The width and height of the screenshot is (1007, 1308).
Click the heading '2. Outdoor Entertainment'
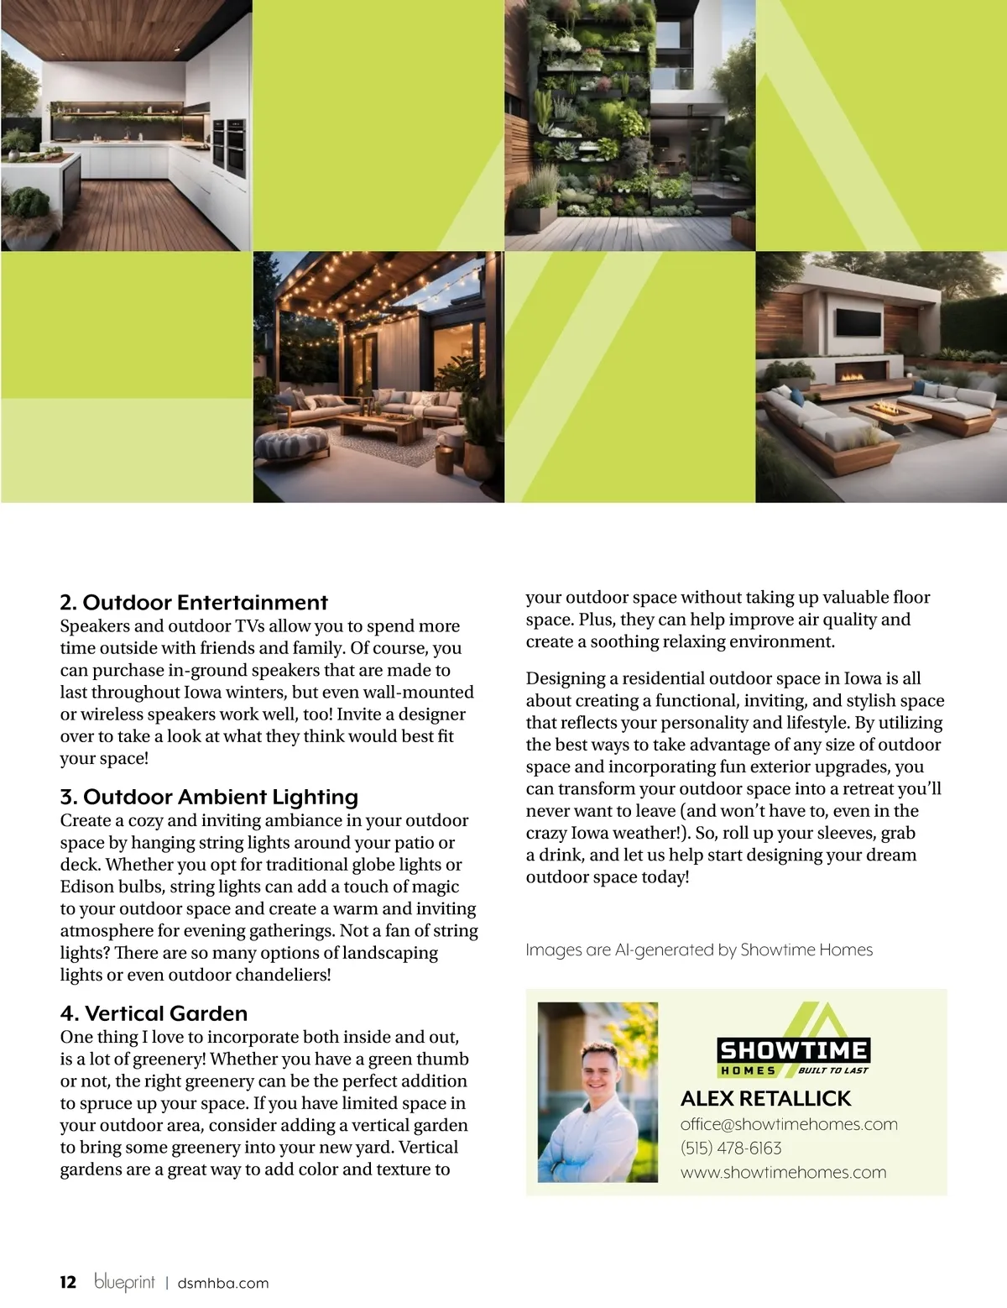pyautogui.click(x=194, y=602)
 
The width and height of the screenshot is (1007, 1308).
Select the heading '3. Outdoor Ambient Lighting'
pyautogui.click(x=209, y=797)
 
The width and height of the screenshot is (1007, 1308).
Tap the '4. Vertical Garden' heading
pyautogui.click(x=154, y=1013)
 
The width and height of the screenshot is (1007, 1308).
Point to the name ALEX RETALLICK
pyautogui.click(x=765, y=1098)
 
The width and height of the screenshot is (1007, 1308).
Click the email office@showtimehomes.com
pyautogui.click(x=789, y=1124)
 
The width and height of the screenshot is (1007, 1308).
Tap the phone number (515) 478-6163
pyautogui.click(x=731, y=1148)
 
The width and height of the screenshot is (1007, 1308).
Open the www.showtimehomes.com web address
pyautogui.click(x=783, y=1172)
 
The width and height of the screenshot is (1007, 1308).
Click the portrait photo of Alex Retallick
pyautogui.click(x=597, y=1091)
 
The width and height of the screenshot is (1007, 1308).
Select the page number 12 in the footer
pyautogui.click(x=68, y=1282)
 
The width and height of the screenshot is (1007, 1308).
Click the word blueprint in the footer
pyautogui.click(x=124, y=1282)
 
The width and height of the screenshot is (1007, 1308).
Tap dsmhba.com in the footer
pyautogui.click(x=223, y=1283)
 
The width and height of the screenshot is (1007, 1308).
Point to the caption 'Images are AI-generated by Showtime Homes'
pyautogui.click(x=699, y=950)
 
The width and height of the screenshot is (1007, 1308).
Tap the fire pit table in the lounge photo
pyautogui.click(x=892, y=411)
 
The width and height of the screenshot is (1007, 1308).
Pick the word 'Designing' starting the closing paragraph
pyautogui.click(x=566, y=678)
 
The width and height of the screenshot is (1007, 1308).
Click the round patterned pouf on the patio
pyautogui.click(x=290, y=442)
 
